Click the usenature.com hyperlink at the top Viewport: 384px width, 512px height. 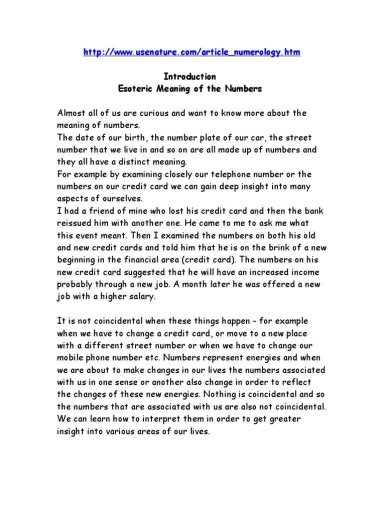click(191, 52)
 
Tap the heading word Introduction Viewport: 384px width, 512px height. click(190, 76)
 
